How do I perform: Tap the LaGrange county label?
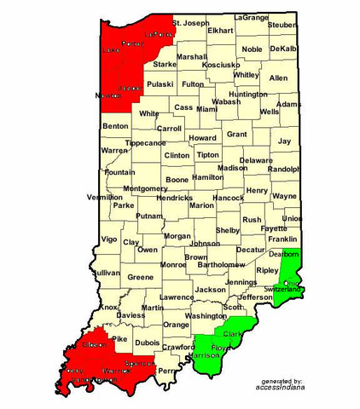[x=250, y=17]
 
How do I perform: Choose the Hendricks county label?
[x=173, y=198]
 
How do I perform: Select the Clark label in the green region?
[x=233, y=335]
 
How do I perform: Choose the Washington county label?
[x=206, y=315]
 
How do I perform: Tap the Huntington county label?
[x=248, y=95]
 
